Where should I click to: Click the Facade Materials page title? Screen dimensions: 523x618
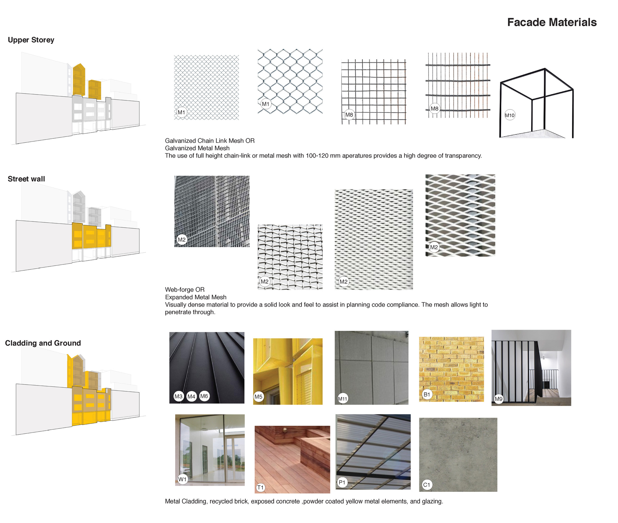click(552, 22)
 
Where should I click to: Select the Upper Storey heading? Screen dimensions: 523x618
click(31, 40)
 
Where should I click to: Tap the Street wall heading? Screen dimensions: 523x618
click(26, 179)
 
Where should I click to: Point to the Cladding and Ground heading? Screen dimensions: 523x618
click(43, 343)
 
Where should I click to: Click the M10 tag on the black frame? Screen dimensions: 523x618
click(510, 115)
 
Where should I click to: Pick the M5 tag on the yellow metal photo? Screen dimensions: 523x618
click(258, 397)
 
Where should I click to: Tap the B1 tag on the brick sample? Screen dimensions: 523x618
click(427, 394)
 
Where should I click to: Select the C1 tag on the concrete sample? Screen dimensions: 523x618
click(426, 485)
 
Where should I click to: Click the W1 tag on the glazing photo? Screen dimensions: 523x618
click(182, 479)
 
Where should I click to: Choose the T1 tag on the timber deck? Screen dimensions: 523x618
click(260, 487)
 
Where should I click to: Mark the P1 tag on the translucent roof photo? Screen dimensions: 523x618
click(342, 482)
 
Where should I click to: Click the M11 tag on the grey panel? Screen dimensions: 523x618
click(342, 399)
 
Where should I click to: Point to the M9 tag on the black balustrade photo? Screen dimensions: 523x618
click(498, 399)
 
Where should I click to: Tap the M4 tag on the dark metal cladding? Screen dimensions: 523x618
click(191, 396)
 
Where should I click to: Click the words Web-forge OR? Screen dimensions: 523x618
click(185, 289)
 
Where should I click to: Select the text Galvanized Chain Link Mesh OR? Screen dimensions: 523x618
click(210, 141)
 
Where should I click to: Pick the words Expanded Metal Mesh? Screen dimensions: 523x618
click(196, 297)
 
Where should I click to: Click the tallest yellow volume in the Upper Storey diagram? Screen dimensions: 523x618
click(79, 80)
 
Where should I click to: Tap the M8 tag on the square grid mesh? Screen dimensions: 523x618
click(349, 115)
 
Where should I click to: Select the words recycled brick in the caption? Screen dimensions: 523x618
click(229, 501)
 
